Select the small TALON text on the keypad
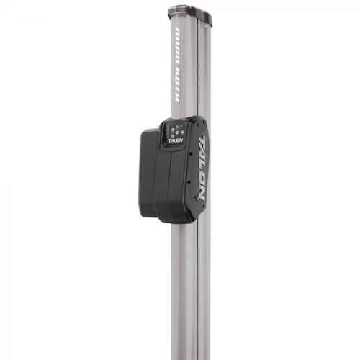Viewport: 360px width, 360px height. pos(176,142)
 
